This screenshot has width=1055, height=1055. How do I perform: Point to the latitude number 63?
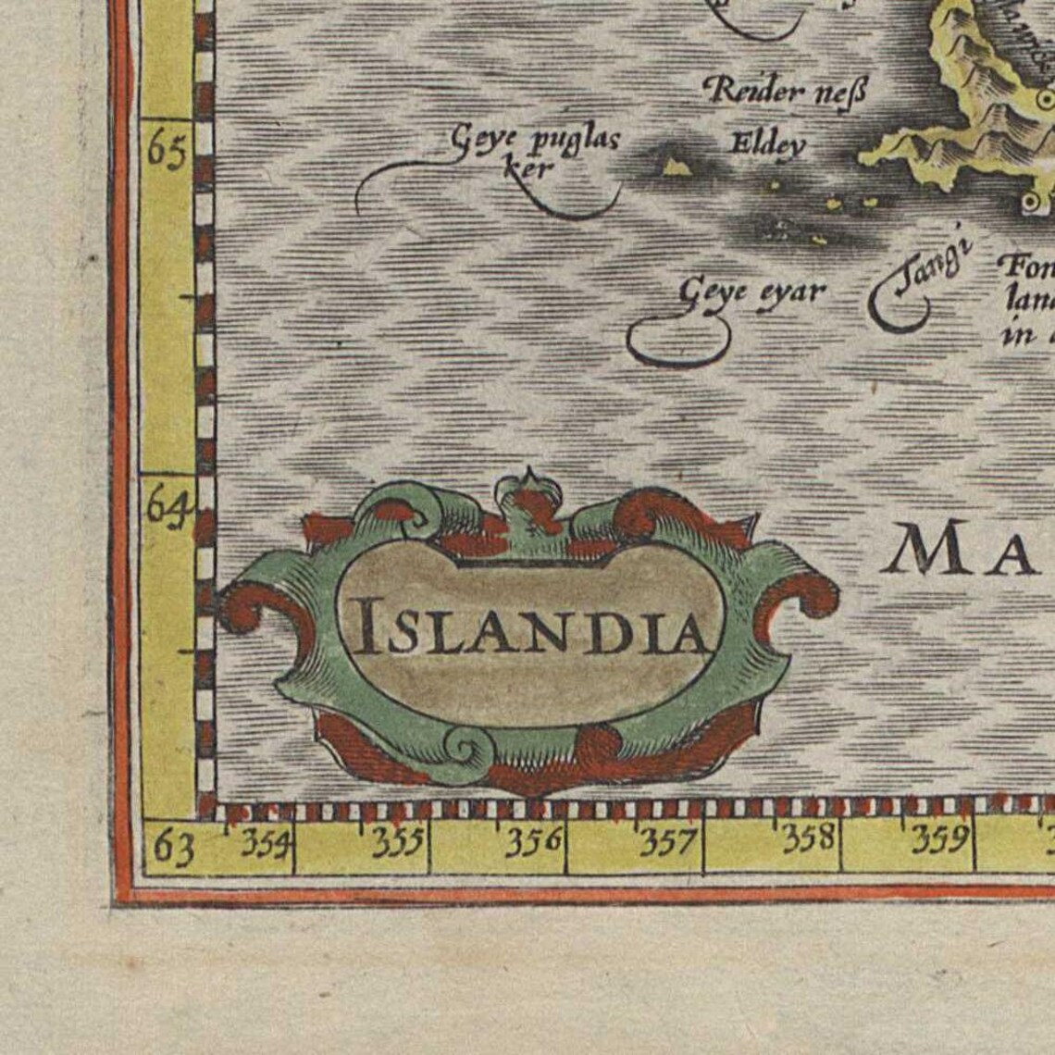[x=172, y=847]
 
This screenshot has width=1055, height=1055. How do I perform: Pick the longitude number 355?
[x=399, y=841]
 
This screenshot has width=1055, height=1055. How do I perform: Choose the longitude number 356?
[x=535, y=841]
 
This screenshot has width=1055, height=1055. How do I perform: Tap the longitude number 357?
[x=668, y=841]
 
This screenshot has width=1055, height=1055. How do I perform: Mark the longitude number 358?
[x=808, y=838]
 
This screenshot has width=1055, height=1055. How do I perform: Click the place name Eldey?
[x=768, y=144]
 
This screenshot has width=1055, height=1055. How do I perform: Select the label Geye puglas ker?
[x=534, y=150]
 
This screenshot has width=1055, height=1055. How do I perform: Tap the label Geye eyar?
[x=751, y=292]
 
